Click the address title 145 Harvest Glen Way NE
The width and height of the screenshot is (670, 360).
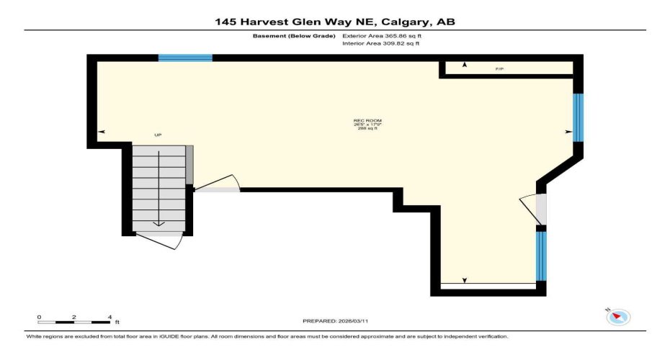pos(335,22)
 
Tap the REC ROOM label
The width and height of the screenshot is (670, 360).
pos(367,120)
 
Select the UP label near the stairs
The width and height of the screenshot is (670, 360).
pos(158,135)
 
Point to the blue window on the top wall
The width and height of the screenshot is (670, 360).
pos(185,58)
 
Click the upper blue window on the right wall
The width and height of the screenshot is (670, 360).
pos(578,118)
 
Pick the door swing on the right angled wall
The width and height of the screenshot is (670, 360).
pos(533,209)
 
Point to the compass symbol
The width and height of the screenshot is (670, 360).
pos(618,317)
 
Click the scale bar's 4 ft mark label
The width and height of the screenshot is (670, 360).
pos(110,317)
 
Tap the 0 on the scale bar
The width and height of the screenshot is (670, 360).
pos(40,317)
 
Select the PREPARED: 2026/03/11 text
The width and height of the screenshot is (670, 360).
pos(334,320)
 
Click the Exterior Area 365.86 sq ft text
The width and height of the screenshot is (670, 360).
pos(382,35)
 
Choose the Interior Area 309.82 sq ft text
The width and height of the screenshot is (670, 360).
pos(381,44)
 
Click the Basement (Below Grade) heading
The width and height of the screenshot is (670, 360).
pos(294,35)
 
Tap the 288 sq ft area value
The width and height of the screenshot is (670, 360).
pos(367,129)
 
